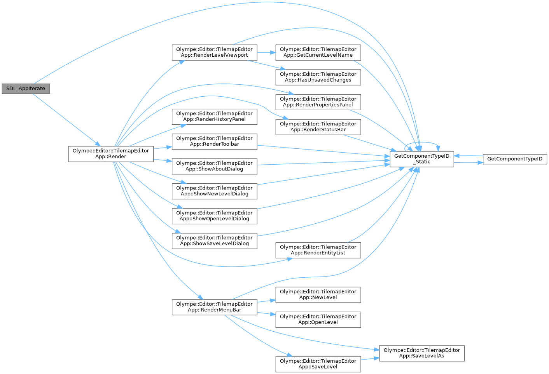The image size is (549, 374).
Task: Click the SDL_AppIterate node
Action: (x=26, y=89)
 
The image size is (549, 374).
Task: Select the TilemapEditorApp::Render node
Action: (x=111, y=154)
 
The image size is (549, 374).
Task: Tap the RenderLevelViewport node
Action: (x=214, y=52)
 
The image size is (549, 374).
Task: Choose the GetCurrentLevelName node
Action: (x=318, y=52)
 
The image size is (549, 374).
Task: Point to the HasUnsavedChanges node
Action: (x=318, y=77)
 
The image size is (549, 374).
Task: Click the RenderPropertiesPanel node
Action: (x=318, y=102)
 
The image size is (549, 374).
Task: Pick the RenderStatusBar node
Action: (x=318, y=127)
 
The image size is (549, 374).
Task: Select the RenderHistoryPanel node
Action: (x=214, y=116)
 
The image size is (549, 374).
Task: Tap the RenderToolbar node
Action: (x=214, y=141)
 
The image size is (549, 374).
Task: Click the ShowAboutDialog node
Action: (x=214, y=166)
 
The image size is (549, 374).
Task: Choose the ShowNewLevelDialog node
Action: (x=214, y=191)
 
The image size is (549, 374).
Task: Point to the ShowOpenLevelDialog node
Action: (x=214, y=216)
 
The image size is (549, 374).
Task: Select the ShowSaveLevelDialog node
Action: (x=214, y=240)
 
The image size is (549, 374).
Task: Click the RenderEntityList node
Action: (x=318, y=250)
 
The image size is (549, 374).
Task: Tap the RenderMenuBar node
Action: (x=214, y=307)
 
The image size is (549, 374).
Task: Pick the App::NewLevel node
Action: (x=318, y=294)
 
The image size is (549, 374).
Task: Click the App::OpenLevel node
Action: (x=318, y=319)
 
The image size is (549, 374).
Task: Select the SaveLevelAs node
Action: (x=421, y=353)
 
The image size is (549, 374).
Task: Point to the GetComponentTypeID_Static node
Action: (x=421, y=159)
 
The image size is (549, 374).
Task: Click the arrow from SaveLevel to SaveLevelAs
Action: (x=370, y=359)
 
